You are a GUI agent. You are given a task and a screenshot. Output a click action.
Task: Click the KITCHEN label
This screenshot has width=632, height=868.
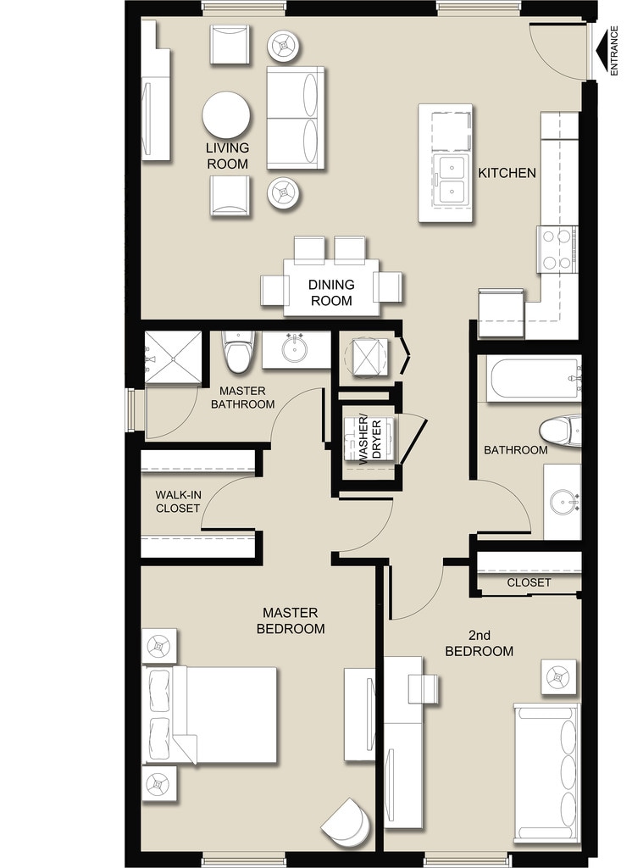[x=507, y=173]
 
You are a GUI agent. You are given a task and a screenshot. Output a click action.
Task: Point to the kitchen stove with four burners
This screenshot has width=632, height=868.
[x=557, y=250]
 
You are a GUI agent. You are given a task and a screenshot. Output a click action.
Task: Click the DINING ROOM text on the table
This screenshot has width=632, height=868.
[x=331, y=292]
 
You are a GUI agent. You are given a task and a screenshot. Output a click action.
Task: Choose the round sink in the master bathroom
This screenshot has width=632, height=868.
[x=295, y=349]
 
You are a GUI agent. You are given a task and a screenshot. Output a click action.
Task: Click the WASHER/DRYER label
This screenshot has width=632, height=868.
[x=370, y=439]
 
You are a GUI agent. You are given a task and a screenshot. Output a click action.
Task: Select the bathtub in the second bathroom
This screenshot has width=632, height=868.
[x=533, y=379]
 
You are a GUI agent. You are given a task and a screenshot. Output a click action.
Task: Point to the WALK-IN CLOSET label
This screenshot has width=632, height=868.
[x=178, y=502]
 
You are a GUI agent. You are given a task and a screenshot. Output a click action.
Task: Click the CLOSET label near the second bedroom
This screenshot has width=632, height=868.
[x=529, y=582]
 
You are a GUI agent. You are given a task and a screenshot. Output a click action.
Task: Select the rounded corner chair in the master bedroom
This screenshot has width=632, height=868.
[x=347, y=821]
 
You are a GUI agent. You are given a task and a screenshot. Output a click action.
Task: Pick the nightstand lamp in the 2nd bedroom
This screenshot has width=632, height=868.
[x=558, y=676]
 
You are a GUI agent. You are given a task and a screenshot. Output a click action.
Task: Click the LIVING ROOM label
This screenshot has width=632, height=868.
[x=228, y=156]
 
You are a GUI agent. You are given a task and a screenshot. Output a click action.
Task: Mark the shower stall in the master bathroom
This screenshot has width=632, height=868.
[x=173, y=358]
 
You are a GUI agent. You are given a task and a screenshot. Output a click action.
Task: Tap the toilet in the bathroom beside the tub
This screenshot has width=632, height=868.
[x=560, y=431]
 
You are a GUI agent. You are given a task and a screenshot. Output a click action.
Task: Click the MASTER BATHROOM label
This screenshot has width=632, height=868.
[x=242, y=398]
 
